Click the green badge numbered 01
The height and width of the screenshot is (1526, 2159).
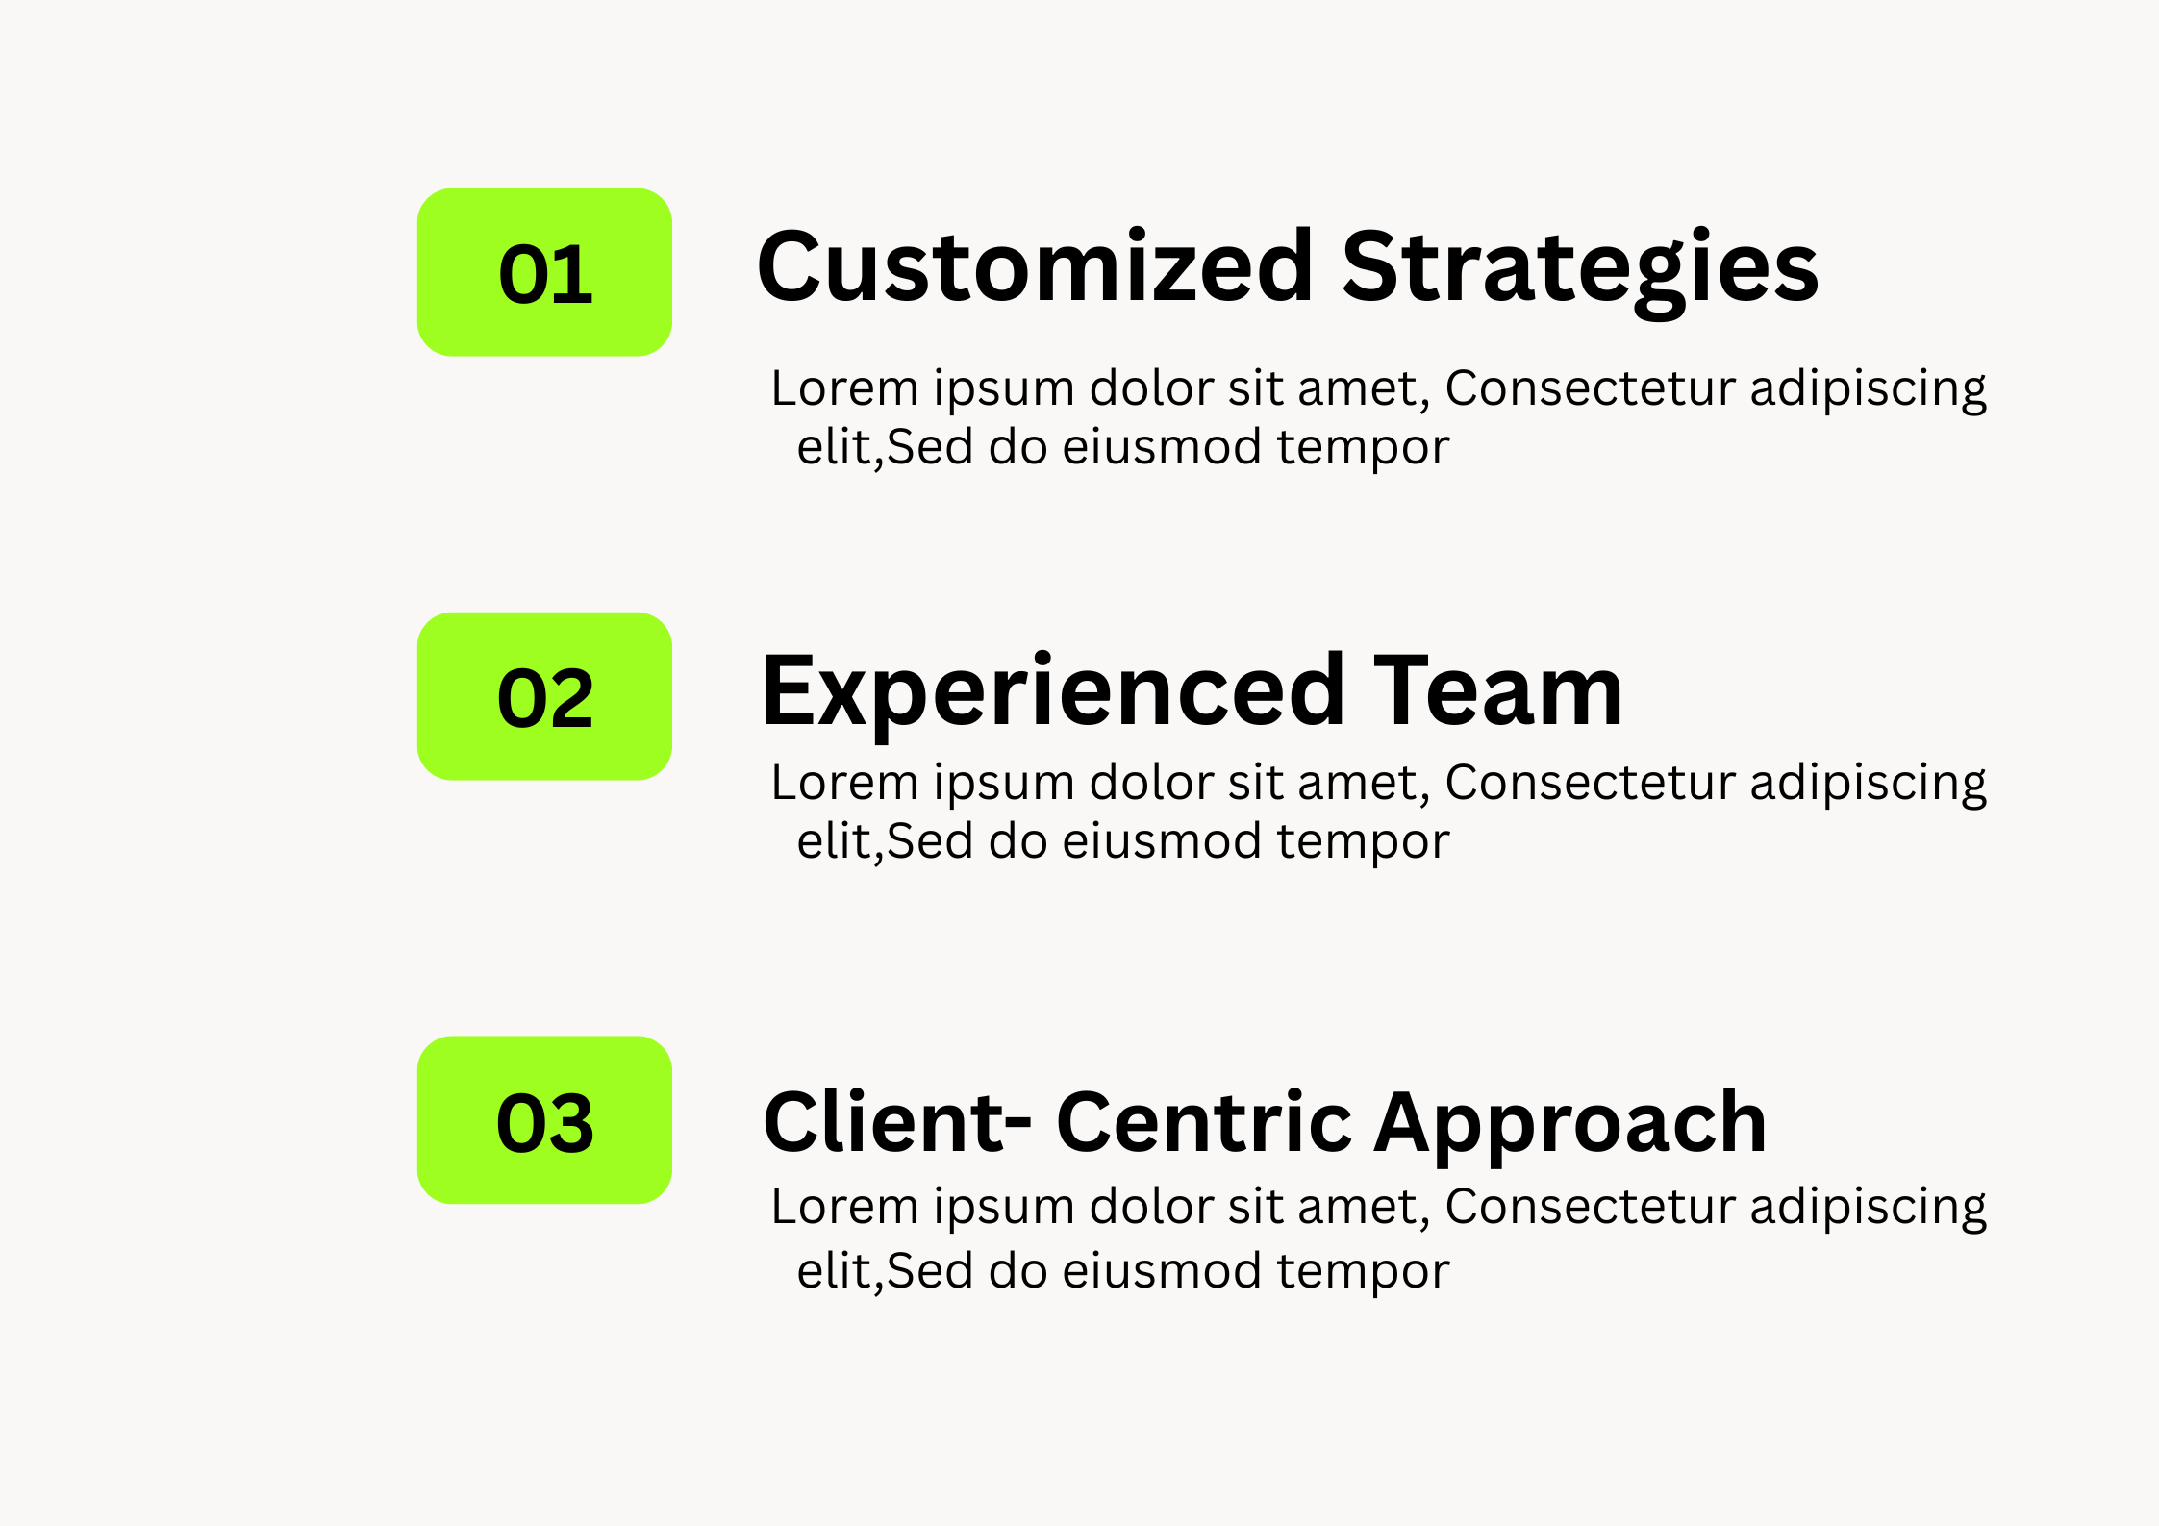[544, 272]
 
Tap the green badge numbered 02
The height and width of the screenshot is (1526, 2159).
[544, 696]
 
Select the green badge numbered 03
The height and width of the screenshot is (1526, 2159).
[544, 1120]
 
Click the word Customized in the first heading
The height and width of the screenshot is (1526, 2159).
[1035, 266]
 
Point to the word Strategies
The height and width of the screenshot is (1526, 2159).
[1580, 272]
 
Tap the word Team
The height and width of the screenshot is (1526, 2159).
[1498, 689]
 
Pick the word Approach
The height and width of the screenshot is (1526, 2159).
[1570, 1127]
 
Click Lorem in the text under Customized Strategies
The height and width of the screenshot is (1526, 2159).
[845, 388]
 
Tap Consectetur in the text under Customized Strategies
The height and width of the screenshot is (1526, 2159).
[1591, 388]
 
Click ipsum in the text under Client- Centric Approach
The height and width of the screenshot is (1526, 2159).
[1004, 1210]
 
